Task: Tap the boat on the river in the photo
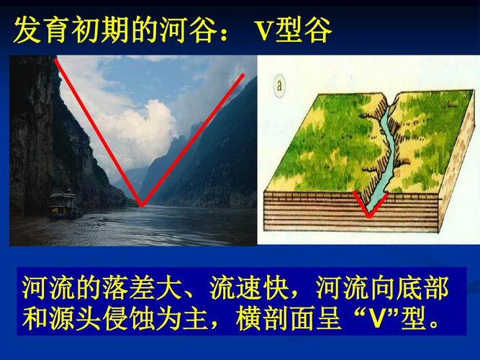(63, 204)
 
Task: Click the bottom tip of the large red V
(142, 206)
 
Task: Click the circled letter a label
(279, 87)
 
